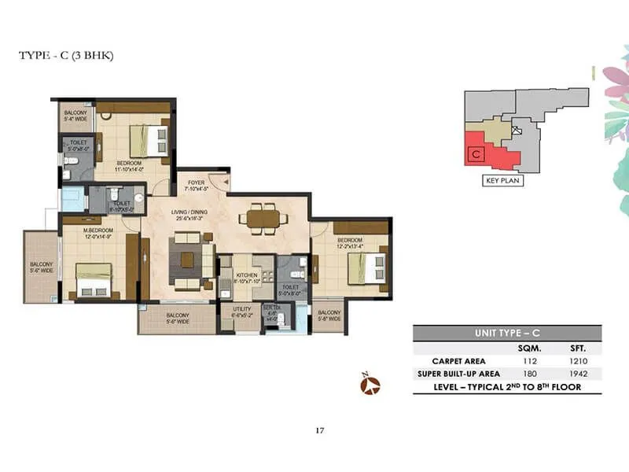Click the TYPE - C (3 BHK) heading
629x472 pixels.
pos(66,56)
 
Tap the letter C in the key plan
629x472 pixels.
pos(475,155)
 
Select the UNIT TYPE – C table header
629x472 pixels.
pos(506,333)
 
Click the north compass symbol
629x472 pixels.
pos(370,384)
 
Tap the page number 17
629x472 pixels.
pos(319,430)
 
